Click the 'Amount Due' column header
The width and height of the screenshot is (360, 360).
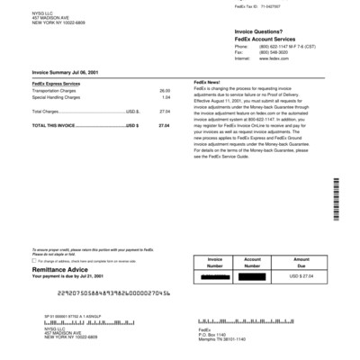click(301, 263)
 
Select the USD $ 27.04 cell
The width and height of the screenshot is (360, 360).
click(301, 278)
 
